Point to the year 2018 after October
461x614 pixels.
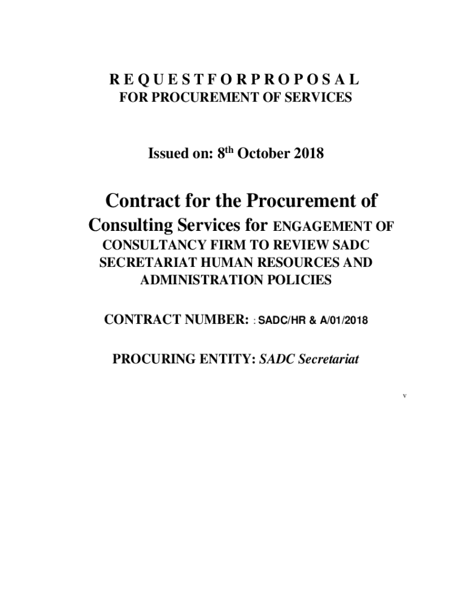[x=309, y=154]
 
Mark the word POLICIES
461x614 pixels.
[x=298, y=280]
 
